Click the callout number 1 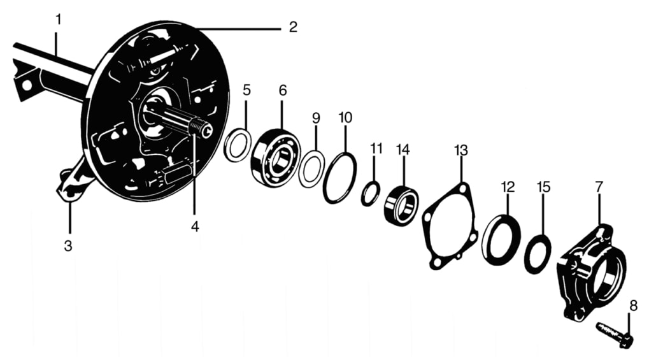coord(59,20)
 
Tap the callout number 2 coord(292,27)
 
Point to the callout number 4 coord(195,226)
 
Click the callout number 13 coord(460,150)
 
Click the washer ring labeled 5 coord(238,145)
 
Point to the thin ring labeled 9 coord(311,169)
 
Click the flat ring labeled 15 coord(538,254)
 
